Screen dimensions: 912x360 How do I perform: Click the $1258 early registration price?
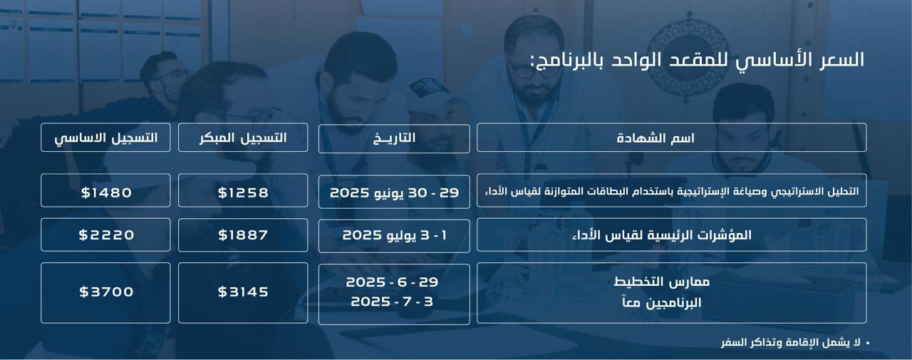(x=243, y=192)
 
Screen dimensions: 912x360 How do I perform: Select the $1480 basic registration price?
(x=106, y=192)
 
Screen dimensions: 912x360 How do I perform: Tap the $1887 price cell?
(x=243, y=235)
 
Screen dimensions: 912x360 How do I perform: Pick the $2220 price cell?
(x=106, y=235)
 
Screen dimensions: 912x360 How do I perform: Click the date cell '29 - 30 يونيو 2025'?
(x=394, y=192)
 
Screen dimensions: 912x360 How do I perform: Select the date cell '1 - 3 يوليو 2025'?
(x=394, y=235)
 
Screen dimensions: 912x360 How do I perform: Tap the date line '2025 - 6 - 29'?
(x=392, y=282)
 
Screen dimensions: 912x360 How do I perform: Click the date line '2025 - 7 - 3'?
(x=392, y=302)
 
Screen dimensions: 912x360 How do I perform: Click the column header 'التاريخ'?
(x=394, y=138)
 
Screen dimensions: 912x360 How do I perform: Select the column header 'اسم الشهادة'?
(x=655, y=138)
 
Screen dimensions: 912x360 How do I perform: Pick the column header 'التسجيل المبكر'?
(x=243, y=138)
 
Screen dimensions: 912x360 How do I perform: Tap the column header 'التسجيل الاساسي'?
(x=106, y=138)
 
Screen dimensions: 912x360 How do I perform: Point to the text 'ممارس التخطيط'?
(x=662, y=282)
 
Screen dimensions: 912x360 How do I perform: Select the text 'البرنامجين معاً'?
(x=662, y=302)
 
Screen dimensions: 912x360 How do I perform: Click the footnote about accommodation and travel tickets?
(x=791, y=342)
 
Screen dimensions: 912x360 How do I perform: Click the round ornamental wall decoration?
(x=688, y=53)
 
